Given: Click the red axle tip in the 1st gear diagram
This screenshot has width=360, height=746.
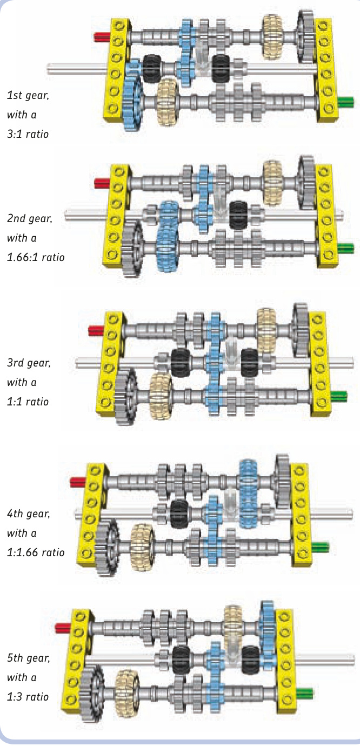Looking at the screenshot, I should tap(101, 37).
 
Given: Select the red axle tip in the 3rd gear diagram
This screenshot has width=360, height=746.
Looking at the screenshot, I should tap(96, 330).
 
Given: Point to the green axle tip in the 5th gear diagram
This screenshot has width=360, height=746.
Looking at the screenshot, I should tap(304, 691).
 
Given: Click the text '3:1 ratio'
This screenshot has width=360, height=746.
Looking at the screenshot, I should tap(28, 134).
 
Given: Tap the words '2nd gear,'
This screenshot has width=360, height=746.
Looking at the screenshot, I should tap(30, 219).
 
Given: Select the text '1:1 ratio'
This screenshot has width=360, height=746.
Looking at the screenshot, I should tap(28, 402).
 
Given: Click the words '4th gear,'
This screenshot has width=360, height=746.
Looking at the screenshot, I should tap(29, 514).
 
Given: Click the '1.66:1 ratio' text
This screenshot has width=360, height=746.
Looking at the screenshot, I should tap(35, 257).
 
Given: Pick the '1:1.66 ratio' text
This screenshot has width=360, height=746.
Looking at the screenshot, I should tap(35, 552).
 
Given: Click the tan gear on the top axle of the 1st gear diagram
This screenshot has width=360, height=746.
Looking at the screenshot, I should tap(272, 30).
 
